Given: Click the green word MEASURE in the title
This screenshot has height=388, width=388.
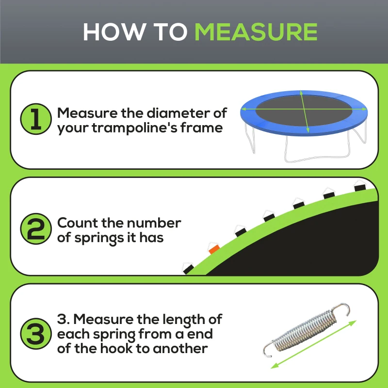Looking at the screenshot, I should pos(256,32).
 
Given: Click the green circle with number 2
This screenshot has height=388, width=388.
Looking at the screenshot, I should pos(36,230).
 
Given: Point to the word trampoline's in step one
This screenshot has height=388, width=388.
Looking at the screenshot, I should pos(148,128).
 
